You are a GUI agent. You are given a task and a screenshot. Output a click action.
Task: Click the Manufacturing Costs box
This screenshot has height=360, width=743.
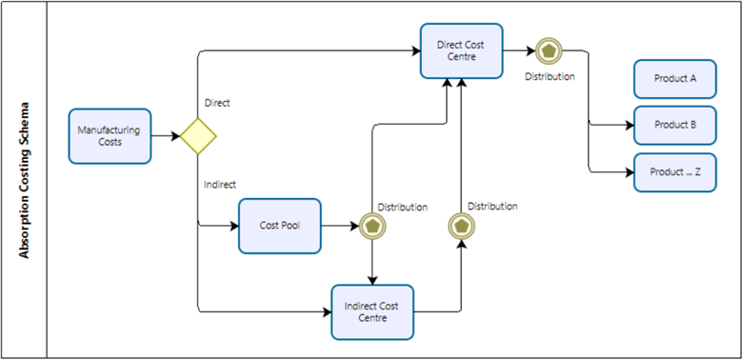110,136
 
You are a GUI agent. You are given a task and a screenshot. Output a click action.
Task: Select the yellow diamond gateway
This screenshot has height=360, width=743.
200,136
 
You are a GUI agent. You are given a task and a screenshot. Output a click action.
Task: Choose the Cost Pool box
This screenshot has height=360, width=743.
280,227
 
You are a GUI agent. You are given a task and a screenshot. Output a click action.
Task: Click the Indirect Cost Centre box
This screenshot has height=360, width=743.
372,311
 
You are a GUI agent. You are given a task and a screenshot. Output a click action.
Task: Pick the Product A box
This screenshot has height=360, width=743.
674,79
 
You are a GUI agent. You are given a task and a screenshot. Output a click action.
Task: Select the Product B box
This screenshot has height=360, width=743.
674,125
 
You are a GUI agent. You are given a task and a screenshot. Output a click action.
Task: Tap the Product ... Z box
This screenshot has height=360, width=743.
674,172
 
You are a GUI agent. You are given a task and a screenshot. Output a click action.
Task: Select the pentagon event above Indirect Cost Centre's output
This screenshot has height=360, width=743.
461,227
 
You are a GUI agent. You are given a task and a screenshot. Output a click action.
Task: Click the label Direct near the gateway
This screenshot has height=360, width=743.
217,103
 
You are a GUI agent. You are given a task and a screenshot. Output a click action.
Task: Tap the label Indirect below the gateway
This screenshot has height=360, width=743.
220,184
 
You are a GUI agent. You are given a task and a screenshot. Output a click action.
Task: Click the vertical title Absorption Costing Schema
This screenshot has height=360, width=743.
25,180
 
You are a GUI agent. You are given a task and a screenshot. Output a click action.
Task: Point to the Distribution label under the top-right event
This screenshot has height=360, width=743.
550,76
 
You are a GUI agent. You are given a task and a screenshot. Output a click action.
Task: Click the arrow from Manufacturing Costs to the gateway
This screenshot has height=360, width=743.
166,136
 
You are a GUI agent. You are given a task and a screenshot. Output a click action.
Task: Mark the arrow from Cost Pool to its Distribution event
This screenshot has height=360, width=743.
339,227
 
